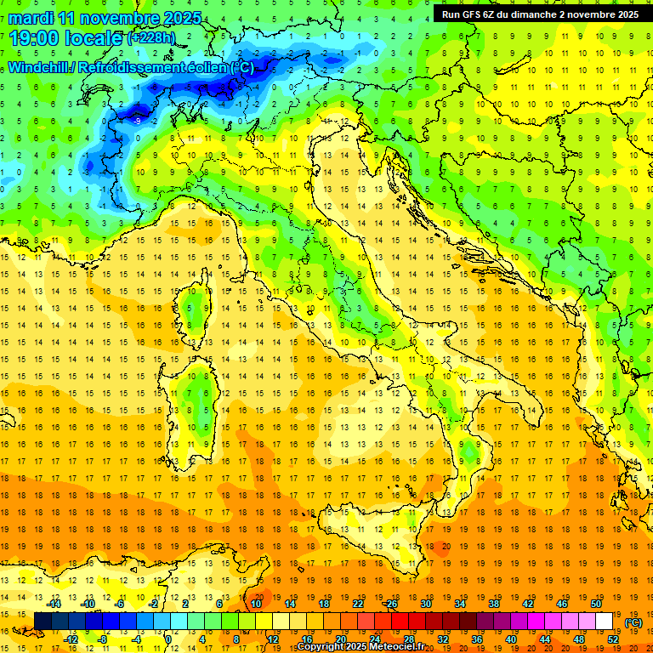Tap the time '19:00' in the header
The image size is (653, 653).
point(35,37)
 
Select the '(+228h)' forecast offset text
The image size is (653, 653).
point(153,38)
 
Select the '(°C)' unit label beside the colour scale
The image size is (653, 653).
point(633,622)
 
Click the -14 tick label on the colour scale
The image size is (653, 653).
point(55,604)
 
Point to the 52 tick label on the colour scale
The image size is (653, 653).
point(613,639)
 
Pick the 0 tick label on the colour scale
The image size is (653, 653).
point(168,639)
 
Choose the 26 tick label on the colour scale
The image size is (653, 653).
point(391,604)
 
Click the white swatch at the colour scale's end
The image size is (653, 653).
point(605,621)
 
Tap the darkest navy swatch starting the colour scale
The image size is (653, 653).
point(43,621)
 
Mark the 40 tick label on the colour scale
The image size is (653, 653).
point(511,639)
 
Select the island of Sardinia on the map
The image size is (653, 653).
point(197,395)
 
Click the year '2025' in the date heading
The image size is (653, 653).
point(182,18)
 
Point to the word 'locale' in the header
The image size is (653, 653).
point(95,37)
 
